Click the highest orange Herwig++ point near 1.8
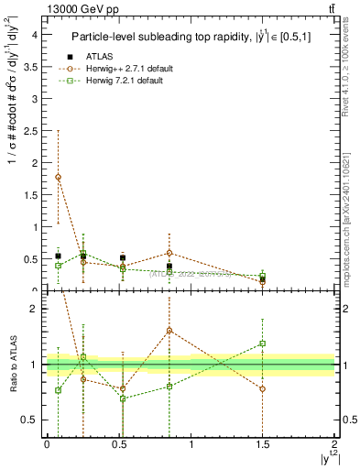59,177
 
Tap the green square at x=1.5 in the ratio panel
263,344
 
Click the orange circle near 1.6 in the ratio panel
169,330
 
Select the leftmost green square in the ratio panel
59,390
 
